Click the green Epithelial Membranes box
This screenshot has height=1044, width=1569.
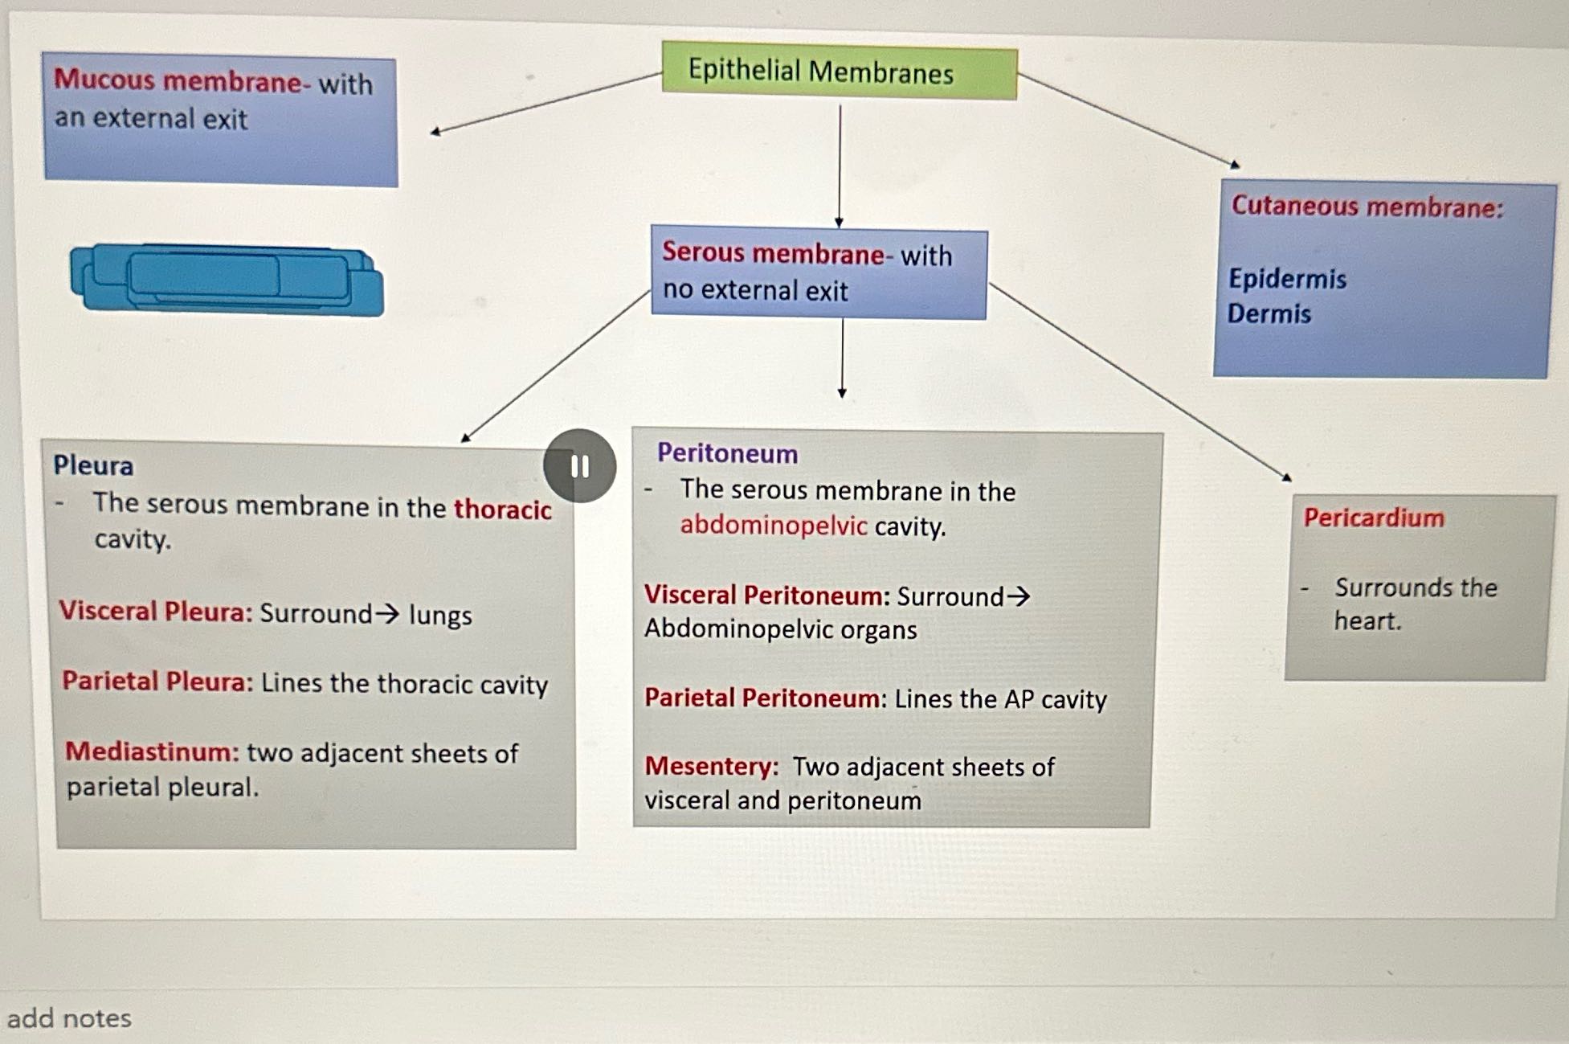839,72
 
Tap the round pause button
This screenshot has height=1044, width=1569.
579,466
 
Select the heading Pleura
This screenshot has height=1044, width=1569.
93,465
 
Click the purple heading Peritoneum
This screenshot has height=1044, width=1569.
727,453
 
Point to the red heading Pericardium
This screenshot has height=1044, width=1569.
1373,518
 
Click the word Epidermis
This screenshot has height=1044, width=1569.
1287,279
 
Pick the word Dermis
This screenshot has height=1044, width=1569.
1269,313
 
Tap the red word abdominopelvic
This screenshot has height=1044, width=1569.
773,526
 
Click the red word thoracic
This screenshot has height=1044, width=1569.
502,509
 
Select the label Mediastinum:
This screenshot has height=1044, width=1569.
152,751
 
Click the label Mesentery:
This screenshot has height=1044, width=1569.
711,766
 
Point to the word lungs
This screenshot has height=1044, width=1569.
440,615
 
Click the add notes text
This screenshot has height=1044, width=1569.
69,1018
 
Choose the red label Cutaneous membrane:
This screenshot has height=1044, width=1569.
1367,207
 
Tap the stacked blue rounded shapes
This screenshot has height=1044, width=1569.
227,279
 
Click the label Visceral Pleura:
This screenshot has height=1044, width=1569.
155,612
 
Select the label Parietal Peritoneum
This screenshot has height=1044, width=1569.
762,698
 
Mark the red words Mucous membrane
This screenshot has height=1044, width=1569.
177,80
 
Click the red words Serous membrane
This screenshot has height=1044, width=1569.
773,253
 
